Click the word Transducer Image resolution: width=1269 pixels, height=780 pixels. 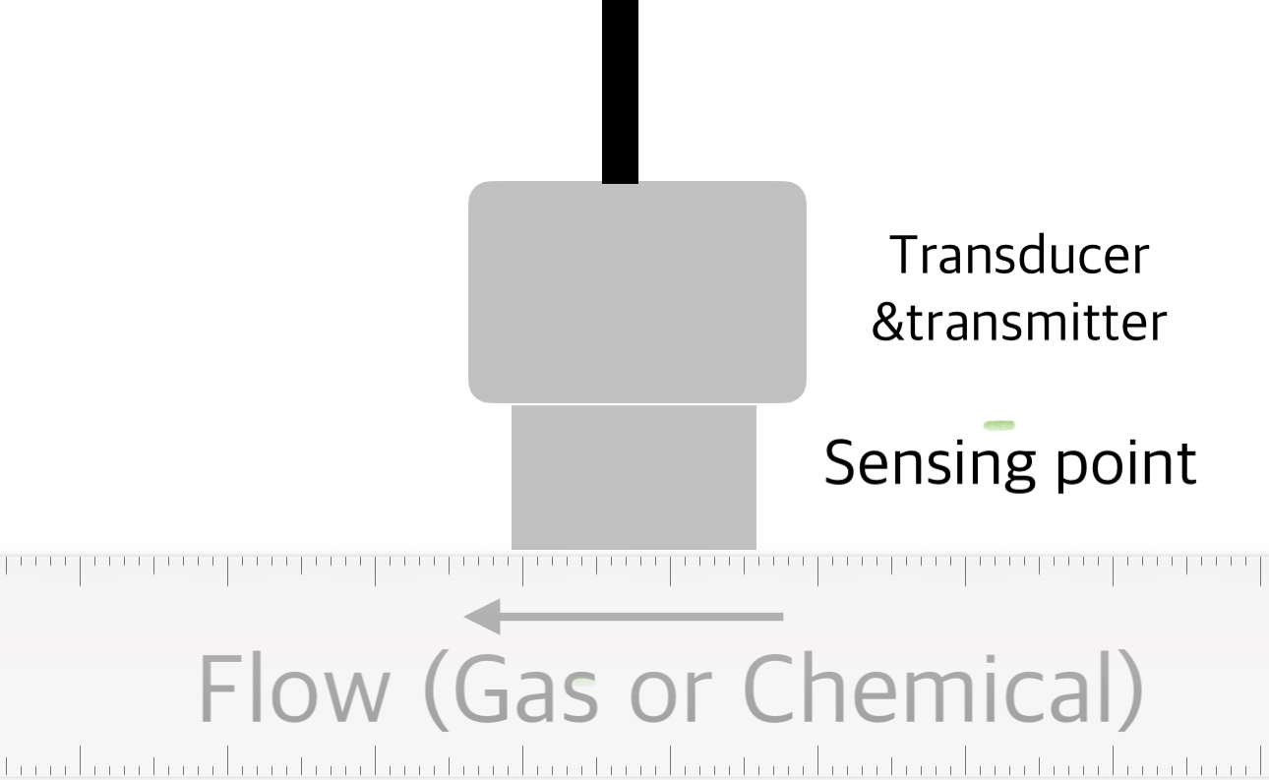coord(1019,256)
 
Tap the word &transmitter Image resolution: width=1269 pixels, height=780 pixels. coord(1019,323)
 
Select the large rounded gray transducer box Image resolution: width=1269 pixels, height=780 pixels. coord(636,291)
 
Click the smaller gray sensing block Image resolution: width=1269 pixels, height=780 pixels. coord(634,477)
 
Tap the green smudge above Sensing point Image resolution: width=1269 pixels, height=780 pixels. coord(998,425)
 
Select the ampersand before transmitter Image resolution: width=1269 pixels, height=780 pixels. coord(886,323)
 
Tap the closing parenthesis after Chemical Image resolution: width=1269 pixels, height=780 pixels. coord(1132,689)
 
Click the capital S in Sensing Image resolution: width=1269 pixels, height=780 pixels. coord(842,462)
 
